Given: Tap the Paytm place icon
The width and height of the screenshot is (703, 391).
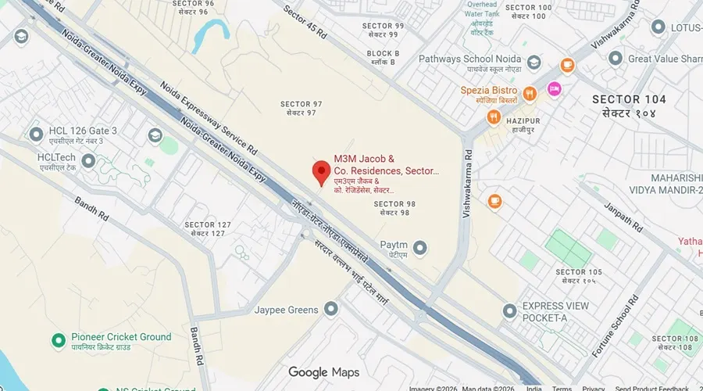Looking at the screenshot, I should [421, 249].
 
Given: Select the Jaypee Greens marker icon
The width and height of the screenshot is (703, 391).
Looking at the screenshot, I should [331, 310].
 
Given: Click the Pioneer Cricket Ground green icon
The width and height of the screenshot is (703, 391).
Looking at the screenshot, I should [58, 340].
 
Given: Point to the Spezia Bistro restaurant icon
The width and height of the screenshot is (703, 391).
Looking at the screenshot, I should [530, 94].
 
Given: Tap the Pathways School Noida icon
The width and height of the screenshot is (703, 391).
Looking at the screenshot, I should [534, 63].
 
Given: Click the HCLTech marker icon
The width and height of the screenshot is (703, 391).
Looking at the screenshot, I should [88, 161].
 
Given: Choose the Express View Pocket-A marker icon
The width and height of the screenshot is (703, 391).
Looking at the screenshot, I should [510, 311].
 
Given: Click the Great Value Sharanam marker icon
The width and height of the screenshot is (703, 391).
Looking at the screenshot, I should [616, 59].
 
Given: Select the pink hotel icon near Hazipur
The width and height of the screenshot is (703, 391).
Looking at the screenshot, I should [555, 89].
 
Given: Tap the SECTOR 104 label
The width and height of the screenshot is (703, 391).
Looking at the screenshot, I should [629, 99].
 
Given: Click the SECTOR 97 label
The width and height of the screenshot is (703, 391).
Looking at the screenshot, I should [301, 104].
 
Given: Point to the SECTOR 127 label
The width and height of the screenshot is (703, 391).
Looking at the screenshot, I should [209, 225].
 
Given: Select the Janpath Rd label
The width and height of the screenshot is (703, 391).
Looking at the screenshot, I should [622, 218].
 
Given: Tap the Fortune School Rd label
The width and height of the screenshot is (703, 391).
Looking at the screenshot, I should [616, 326].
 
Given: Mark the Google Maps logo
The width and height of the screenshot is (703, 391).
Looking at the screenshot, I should [323, 372].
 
